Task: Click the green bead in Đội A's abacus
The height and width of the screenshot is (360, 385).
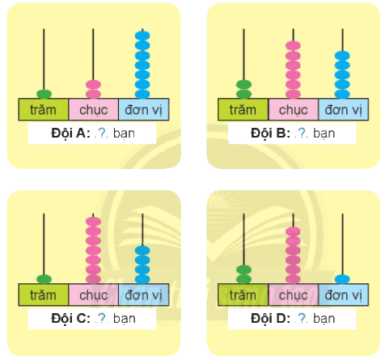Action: point(44,94)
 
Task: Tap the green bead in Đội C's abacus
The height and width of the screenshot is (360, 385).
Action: point(44,279)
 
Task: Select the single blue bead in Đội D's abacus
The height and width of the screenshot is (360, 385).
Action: point(342,279)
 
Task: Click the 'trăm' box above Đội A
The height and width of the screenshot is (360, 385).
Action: point(44,109)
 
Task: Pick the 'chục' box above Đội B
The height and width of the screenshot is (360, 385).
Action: point(294,109)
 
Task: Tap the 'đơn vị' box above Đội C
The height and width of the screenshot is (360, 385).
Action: point(144,294)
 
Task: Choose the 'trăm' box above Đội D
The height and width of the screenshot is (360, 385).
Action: point(243,294)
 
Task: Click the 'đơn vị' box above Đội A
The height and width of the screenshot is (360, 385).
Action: point(144,109)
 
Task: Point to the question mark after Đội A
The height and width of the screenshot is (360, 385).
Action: point(101,133)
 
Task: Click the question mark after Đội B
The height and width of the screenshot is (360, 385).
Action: point(301,133)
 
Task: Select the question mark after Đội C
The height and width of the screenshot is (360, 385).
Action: point(102,318)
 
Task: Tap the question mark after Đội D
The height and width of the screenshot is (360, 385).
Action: point(302,318)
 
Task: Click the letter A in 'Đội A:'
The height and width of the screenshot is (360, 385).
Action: point(81,133)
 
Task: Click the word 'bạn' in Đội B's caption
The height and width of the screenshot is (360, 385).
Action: point(324,133)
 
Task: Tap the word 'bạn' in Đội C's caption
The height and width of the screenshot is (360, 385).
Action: point(125,319)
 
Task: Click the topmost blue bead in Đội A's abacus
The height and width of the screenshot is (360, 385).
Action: point(142,36)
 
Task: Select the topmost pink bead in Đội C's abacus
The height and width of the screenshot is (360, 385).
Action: point(93,222)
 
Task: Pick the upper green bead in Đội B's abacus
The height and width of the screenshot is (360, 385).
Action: point(243,84)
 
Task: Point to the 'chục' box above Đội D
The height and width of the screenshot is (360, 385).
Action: point(294,294)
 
